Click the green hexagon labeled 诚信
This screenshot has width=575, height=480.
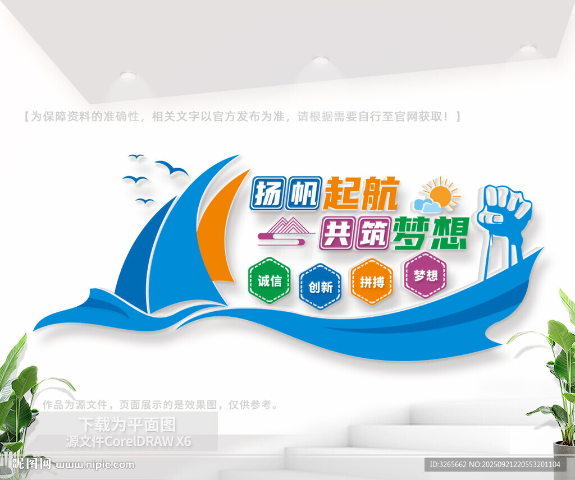[x=270, y=280]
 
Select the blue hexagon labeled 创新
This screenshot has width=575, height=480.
[x=320, y=287]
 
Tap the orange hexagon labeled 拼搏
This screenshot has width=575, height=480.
[x=372, y=281]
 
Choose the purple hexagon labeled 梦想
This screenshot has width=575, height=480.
[x=426, y=275]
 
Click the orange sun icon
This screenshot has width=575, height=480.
[x=441, y=195]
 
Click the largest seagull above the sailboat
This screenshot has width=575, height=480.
[x=171, y=168]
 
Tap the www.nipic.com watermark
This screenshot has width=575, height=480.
[x=94, y=465]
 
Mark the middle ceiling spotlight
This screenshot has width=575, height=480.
[x=321, y=60]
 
